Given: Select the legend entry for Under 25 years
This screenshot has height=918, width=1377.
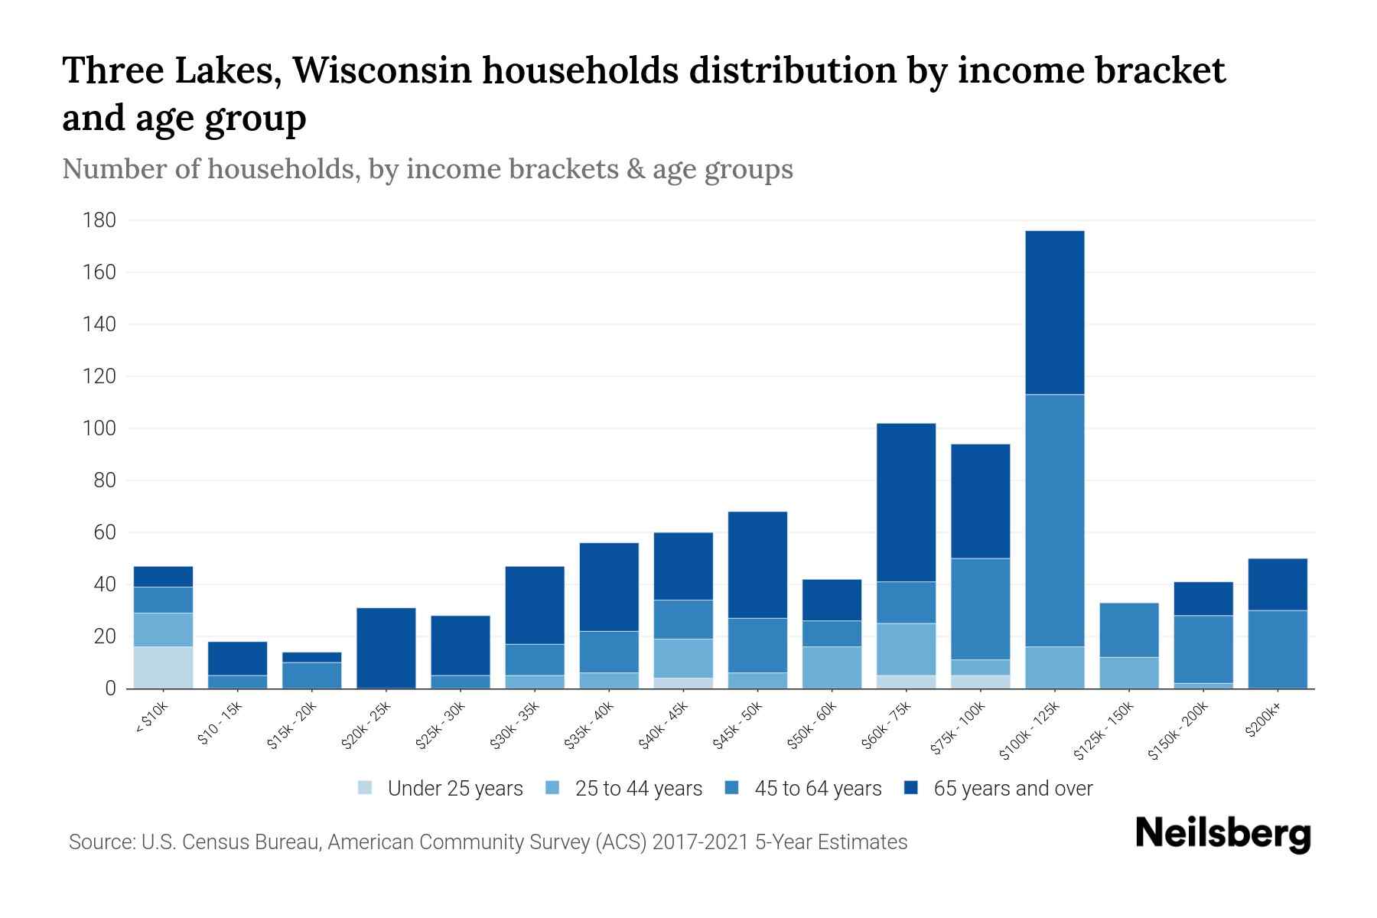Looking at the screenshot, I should [x=454, y=789].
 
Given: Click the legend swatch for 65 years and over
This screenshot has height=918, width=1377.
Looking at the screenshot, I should [x=911, y=788].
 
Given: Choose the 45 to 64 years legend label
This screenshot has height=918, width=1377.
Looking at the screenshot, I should [x=817, y=789].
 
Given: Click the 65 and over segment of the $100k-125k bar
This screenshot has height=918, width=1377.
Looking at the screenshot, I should [x=1054, y=312].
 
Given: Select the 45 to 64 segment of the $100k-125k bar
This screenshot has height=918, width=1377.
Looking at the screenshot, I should [x=1054, y=520].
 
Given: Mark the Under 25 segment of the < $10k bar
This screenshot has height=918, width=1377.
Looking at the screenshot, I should [x=163, y=667].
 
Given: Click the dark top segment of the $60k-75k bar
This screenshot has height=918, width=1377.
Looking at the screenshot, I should [x=906, y=502].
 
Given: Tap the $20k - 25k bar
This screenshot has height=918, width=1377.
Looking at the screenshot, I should [x=386, y=648].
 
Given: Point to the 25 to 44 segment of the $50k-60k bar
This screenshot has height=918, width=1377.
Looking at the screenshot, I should [x=832, y=667].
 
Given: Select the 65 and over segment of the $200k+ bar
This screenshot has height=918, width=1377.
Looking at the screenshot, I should [x=1277, y=584].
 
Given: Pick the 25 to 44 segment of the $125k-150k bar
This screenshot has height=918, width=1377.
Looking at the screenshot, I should [x=1128, y=672].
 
